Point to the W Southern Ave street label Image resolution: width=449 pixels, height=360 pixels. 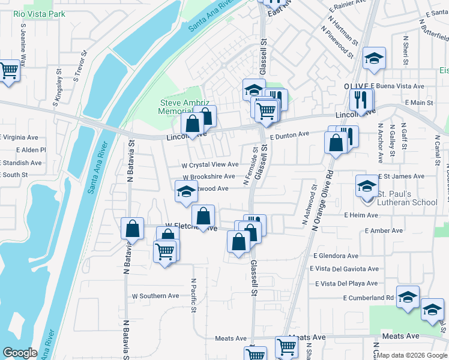pos(155,296)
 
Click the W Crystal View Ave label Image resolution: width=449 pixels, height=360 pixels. pos(210,164)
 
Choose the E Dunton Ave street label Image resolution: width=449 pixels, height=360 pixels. pos(289,136)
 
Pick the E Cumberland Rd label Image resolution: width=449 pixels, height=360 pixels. pos(369,298)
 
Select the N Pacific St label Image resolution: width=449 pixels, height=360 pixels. pos(194,295)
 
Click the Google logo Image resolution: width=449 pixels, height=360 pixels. pos(20,353)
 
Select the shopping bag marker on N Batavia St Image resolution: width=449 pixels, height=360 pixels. pos(132,229)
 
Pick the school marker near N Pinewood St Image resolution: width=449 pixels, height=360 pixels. pos(374,58)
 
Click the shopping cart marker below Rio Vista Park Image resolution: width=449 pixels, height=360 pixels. pos(8,70)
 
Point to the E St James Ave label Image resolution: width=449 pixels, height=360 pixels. pos(402,176)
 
